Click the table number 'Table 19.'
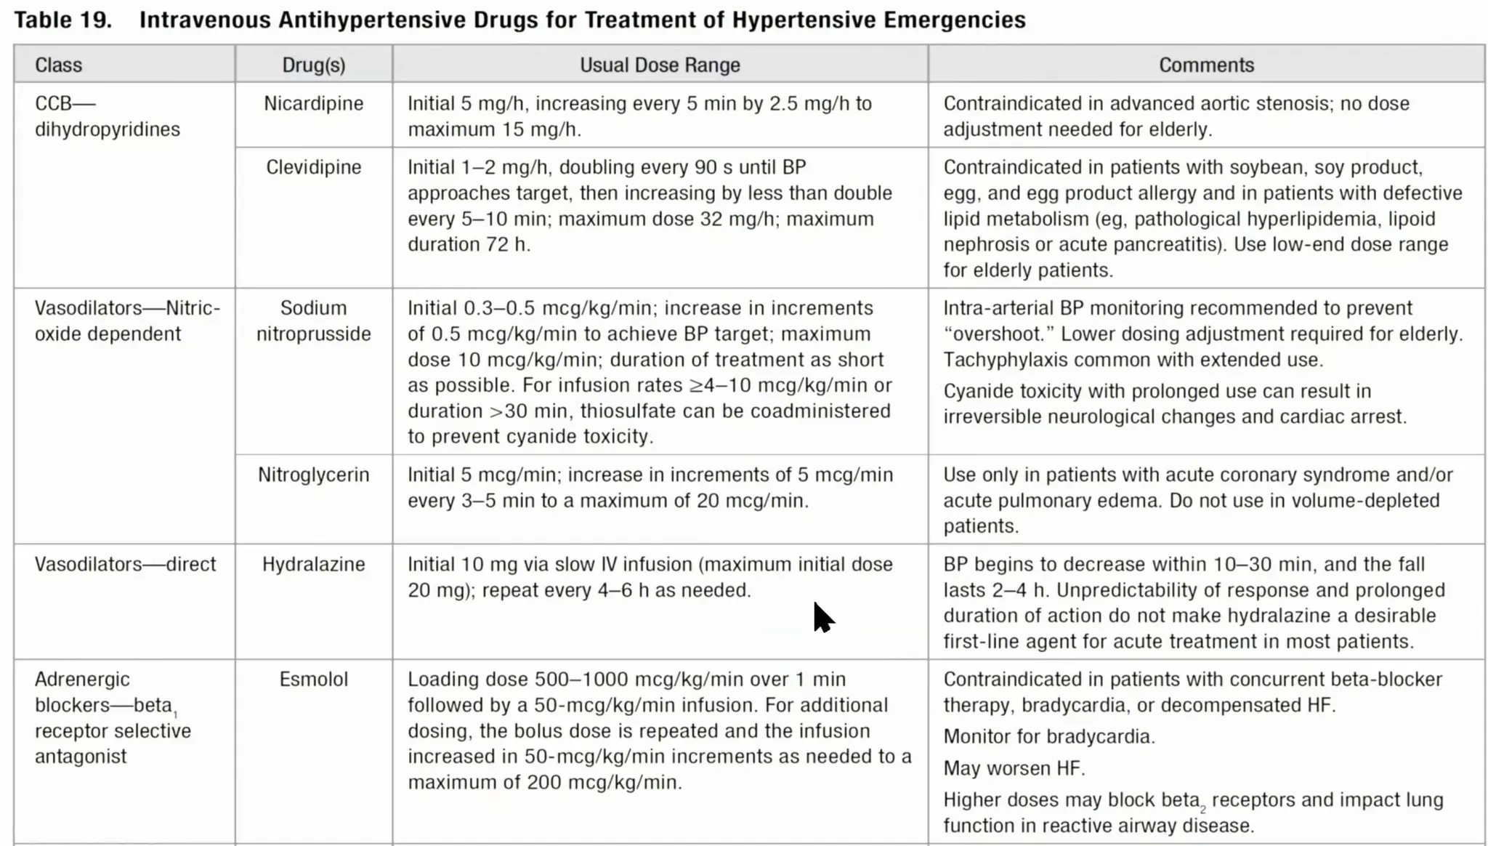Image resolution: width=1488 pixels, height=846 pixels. [x=63, y=20]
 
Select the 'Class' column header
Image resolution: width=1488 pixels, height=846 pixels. [x=58, y=65]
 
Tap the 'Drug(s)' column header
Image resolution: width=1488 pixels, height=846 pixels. [x=313, y=65]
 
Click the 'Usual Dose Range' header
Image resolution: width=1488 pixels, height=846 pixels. [x=660, y=65]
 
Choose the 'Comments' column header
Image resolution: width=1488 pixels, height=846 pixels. [x=1206, y=65]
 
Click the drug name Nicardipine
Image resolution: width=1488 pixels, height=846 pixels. [x=313, y=103]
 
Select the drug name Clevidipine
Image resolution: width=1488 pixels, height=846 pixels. [x=313, y=167]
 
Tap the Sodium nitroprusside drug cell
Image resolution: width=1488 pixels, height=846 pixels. [x=313, y=321]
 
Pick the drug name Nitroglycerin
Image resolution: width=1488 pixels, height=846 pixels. [x=313, y=475]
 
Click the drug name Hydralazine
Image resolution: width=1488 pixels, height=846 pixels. [x=313, y=564]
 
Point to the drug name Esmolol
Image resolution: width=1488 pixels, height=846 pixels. [x=313, y=679]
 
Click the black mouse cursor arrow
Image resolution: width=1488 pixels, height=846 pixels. [x=822, y=617]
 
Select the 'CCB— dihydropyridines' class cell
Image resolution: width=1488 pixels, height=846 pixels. [x=107, y=116]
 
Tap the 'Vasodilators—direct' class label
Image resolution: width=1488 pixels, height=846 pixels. [x=125, y=564]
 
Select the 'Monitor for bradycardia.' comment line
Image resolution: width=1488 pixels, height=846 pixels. [x=1049, y=736]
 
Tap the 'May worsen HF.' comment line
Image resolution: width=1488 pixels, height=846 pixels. [x=1014, y=768]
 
